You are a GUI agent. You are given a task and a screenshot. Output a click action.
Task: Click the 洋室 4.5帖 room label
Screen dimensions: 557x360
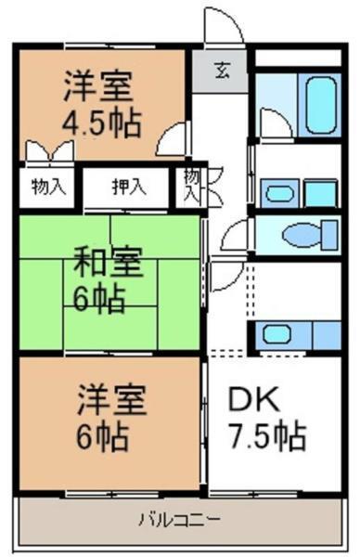pyautogui.click(x=97, y=104)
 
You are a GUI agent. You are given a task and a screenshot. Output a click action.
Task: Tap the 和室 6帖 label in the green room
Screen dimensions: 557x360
pyautogui.click(x=106, y=282)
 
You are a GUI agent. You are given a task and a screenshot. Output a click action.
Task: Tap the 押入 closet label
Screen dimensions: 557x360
pyautogui.click(x=129, y=187)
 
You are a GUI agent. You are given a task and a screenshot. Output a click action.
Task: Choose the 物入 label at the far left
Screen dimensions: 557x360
pyautogui.click(x=47, y=187)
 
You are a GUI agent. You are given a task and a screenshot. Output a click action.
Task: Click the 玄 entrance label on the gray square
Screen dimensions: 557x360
pyautogui.click(x=224, y=71)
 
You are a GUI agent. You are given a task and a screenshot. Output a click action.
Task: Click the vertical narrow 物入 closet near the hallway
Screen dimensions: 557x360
pyautogui.click(x=190, y=186)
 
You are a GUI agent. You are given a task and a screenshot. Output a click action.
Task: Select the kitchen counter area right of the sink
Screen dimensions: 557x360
pyautogui.click(x=325, y=333)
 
